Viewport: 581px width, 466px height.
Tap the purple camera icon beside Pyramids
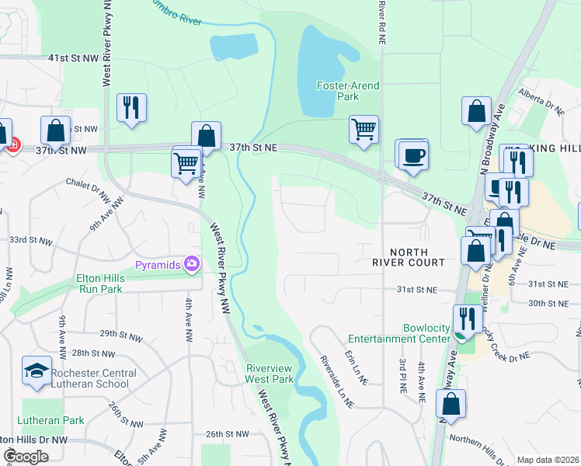pos(191,265)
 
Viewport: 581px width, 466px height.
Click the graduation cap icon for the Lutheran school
pos(37,371)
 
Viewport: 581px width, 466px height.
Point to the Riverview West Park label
pos(270,374)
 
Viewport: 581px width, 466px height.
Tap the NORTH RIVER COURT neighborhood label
pos(417,257)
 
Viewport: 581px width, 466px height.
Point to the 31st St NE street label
pos(417,289)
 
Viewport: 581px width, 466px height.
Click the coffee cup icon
pos(414,155)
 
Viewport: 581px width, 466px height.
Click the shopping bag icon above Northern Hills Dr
pos(451,405)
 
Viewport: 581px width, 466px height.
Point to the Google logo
pos(25,457)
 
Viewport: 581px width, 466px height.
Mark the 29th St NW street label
pos(121,334)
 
